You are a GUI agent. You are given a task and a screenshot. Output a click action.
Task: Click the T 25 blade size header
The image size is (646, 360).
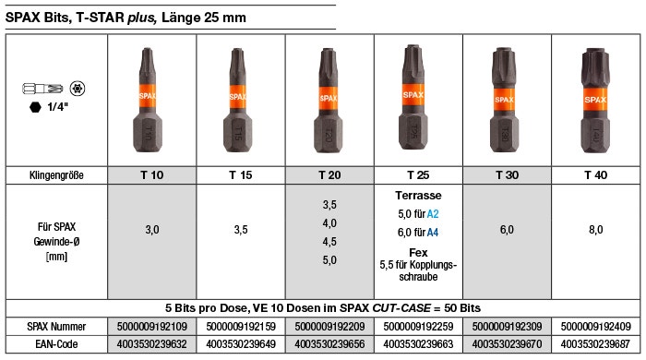point(418,175)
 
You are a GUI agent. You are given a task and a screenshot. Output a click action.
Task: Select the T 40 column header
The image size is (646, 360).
point(596,175)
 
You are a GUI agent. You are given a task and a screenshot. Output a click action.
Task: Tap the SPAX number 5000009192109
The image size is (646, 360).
point(151,327)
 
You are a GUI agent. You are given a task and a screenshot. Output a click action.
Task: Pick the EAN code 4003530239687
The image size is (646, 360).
point(595,344)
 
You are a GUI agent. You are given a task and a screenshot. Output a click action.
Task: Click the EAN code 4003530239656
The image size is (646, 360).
point(329,344)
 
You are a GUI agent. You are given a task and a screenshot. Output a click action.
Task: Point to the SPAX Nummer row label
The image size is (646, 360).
point(56,327)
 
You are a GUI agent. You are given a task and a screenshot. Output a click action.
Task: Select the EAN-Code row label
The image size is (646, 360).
point(56,344)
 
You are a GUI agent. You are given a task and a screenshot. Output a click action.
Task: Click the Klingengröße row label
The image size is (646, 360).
point(56,175)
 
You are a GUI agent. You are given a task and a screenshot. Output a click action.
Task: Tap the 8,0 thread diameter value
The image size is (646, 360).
point(596,230)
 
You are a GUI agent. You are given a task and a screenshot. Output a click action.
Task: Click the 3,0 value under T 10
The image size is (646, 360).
point(152,230)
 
